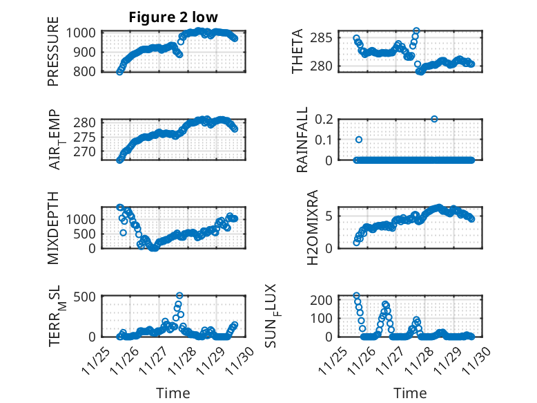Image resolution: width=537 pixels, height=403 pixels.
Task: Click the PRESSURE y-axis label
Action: click(x=53, y=56)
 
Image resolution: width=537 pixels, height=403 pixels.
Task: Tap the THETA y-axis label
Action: click(x=297, y=52)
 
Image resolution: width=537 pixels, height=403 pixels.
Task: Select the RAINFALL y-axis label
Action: click(x=302, y=140)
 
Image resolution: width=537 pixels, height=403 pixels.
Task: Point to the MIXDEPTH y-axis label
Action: click(x=53, y=227)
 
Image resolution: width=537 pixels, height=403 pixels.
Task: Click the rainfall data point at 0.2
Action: click(x=434, y=119)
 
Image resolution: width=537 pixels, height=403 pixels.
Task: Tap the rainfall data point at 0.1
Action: click(x=359, y=140)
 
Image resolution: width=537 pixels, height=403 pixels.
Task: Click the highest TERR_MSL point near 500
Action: click(x=179, y=296)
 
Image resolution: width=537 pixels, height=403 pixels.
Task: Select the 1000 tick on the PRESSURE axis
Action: click(x=84, y=32)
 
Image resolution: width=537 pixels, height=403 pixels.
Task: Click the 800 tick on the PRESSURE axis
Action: click(x=88, y=71)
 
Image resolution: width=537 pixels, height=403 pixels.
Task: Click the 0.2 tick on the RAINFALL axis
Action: click(x=332, y=119)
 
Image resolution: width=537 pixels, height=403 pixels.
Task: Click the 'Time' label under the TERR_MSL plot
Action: click(x=173, y=393)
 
